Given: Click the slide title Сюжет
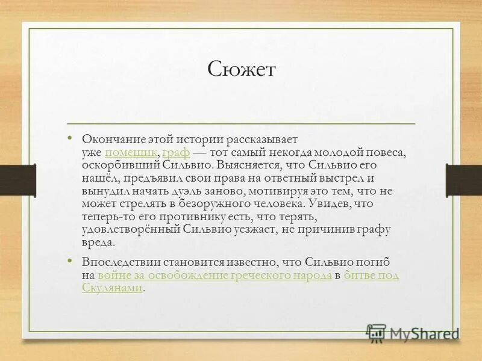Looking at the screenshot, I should coord(241,70).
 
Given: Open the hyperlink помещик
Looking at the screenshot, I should coord(131,152).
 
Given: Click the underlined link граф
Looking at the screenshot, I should coord(176,152).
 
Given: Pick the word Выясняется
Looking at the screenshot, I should coord(246,165).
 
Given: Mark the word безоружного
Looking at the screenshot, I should coord(197,203).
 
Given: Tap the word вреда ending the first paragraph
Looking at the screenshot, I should coord(97,242).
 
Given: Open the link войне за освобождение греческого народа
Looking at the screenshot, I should coord(214,276).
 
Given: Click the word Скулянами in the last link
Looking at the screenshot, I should coord(112,288).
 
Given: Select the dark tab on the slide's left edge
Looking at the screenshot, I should coord(10,179).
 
